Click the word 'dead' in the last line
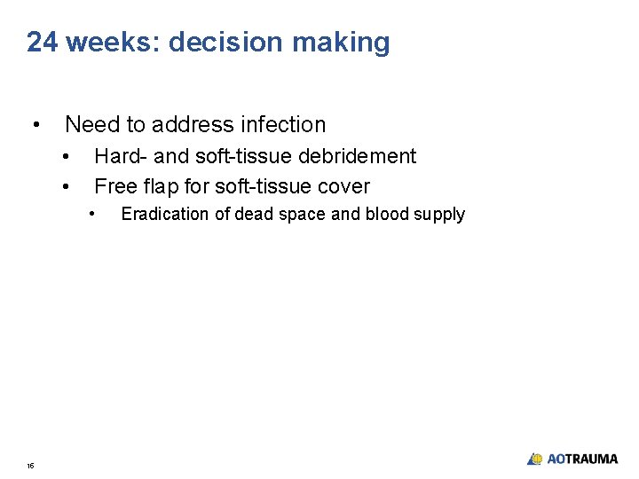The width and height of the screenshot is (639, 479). point(253,214)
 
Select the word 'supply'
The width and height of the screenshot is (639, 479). point(440,215)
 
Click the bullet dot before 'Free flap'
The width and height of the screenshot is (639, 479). point(67,186)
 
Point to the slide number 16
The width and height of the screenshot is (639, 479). point(30,466)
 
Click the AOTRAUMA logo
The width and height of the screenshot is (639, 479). point(572,459)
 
